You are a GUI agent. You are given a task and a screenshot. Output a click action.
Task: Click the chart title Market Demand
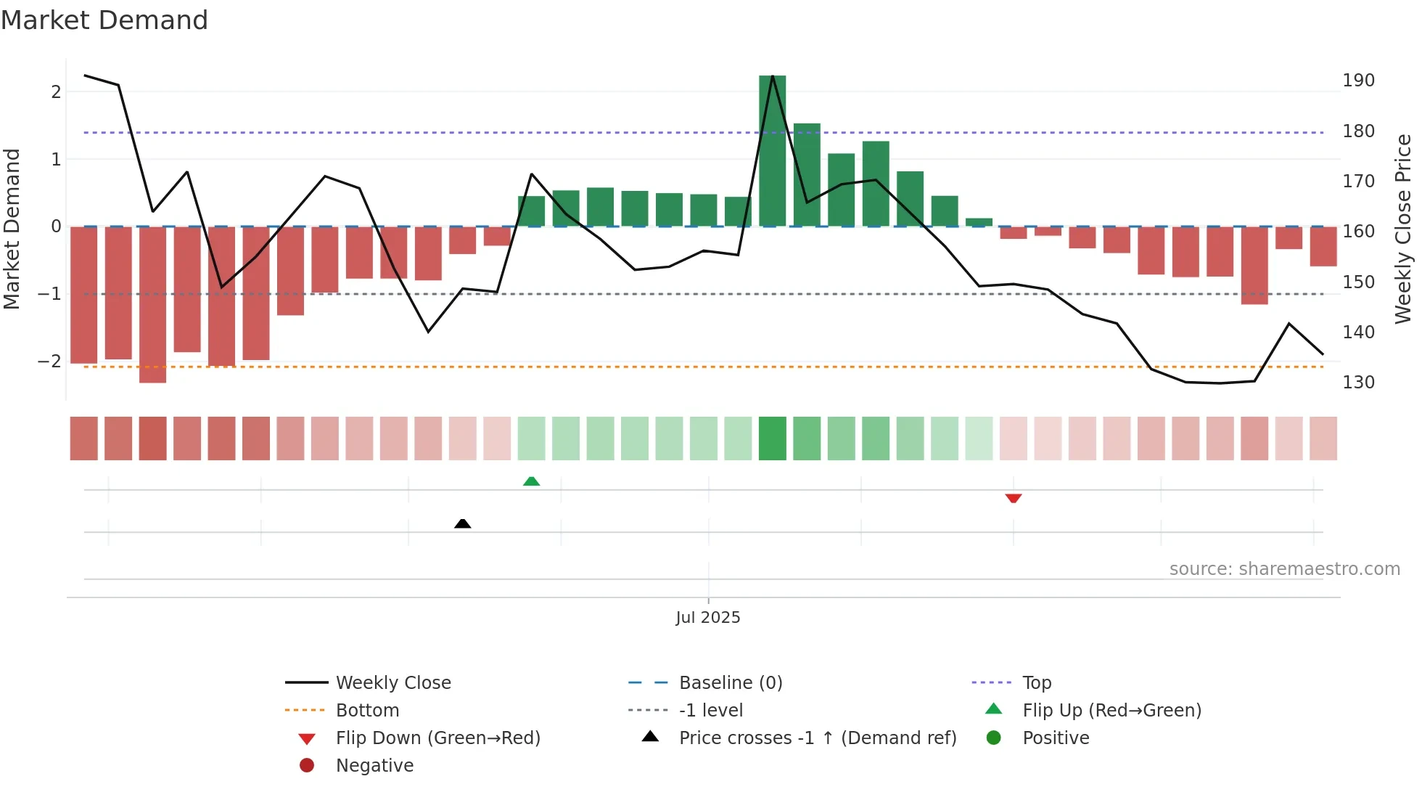pyautogui.click(x=104, y=20)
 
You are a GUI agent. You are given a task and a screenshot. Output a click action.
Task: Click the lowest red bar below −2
pyautogui.click(x=152, y=305)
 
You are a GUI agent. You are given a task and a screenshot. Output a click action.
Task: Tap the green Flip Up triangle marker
pyautogui.click(x=531, y=481)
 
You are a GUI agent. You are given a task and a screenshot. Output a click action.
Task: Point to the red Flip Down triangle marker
pyautogui.click(x=1013, y=498)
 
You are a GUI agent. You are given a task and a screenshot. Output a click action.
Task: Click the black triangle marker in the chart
pyautogui.click(x=462, y=523)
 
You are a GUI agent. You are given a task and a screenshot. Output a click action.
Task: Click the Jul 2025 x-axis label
pyautogui.click(x=707, y=617)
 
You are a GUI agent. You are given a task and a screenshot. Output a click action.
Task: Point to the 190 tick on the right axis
pyautogui.click(x=1358, y=81)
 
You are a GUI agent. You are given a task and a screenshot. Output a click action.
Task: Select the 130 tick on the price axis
pyautogui.click(x=1358, y=383)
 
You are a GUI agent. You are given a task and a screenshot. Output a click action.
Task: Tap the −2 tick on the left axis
pyautogui.click(x=50, y=362)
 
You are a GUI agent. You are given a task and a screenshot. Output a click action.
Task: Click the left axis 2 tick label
pyautogui.click(x=56, y=92)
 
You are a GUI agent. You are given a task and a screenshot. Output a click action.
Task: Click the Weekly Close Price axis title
pyautogui.click(x=1403, y=229)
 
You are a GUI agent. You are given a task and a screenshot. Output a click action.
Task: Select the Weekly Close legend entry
pyautogui.click(x=393, y=682)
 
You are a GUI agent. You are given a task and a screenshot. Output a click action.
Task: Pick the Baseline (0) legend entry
pyautogui.click(x=730, y=682)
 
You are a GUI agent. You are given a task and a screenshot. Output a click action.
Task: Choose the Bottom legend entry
pyautogui.click(x=367, y=710)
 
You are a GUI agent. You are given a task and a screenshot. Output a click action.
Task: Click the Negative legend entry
pyautogui.click(x=374, y=765)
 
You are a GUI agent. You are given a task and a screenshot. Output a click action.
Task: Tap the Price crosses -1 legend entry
pyautogui.click(x=817, y=738)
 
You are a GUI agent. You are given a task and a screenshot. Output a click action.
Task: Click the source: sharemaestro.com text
pyautogui.click(x=1284, y=569)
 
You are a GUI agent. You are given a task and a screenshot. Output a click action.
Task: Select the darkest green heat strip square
pyautogui.click(x=772, y=438)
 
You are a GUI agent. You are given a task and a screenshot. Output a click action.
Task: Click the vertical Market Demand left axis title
pyautogui.click(x=12, y=229)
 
